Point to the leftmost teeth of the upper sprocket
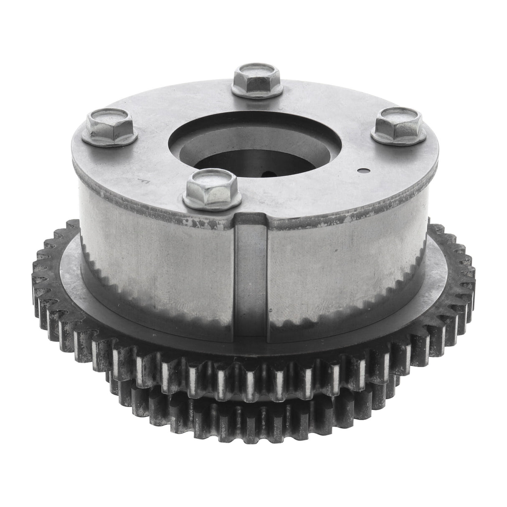[x=40, y=267]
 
